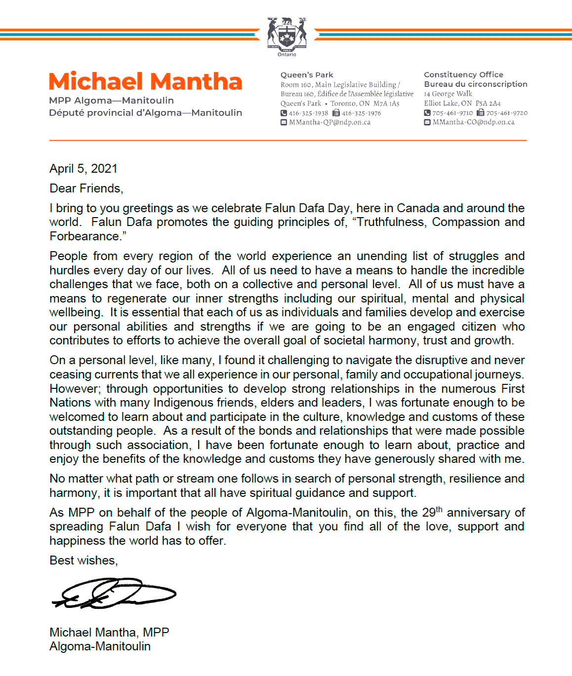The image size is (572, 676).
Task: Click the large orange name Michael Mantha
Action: pos(145,81)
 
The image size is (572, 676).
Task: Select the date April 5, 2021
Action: pos(83,169)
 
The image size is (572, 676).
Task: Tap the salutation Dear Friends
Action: pos(86,188)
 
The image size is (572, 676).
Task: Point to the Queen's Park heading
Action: pos(307,75)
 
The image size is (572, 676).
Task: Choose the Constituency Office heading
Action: pos(463,75)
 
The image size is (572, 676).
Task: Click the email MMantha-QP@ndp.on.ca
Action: pos(329,122)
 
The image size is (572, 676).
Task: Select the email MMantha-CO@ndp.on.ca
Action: pos(473,122)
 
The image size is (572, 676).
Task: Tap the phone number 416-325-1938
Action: pos(308,113)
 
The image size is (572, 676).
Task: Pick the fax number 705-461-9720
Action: pos(507,113)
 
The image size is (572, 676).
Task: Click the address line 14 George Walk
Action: pos(448,94)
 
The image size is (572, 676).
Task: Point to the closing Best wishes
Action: pos(83,561)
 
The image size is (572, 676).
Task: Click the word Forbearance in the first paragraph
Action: pos(84,236)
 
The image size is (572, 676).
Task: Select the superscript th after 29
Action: pos(439,509)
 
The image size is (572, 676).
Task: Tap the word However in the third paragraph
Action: pos(74,389)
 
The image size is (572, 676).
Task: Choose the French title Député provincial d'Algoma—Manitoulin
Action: pos(145,113)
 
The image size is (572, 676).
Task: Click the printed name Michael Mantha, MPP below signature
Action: pos(109,633)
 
